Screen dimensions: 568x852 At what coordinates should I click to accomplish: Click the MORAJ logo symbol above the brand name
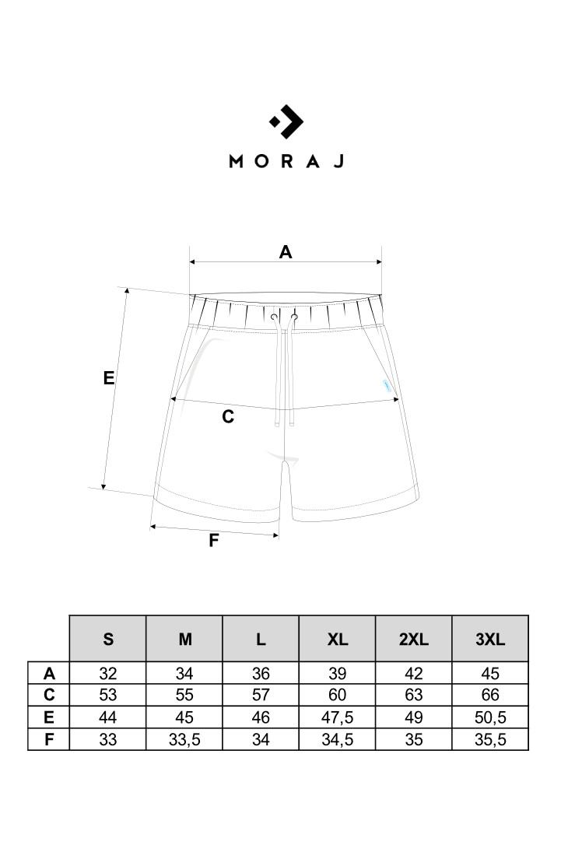pyautogui.click(x=286, y=121)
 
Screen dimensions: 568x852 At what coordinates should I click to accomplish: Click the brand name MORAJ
pyautogui.click(x=286, y=161)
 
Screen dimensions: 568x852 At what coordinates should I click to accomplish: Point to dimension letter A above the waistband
pyautogui.click(x=286, y=251)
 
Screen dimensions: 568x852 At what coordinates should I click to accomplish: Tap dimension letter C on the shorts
pyautogui.click(x=228, y=416)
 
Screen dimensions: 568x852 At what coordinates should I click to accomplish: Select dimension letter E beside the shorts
pyautogui.click(x=109, y=377)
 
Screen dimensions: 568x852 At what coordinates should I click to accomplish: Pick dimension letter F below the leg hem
pyautogui.click(x=214, y=540)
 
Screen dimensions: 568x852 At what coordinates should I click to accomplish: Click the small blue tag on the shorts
pyautogui.click(x=385, y=384)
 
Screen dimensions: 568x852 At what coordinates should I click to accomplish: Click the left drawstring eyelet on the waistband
pyautogui.click(x=274, y=317)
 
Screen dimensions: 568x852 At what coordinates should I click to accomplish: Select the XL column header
pyautogui.click(x=338, y=639)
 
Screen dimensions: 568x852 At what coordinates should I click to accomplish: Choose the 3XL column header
pyautogui.click(x=490, y=639)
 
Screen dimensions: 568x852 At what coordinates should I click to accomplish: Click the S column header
pyautogui.click(x=108, y=639)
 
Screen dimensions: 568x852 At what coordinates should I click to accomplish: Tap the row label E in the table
pyautogui.click(x=49, y=717)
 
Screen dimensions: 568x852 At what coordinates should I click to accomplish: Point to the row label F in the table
pyautogui.click(x=49, y=739)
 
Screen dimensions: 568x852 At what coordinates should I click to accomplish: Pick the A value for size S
pyautogui.click(x=108, y=674)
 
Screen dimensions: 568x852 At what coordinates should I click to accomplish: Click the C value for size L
pyautogui.click(x=261, y=695)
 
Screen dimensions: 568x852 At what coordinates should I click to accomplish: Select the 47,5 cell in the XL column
pyautogui.click(x=338, y=717)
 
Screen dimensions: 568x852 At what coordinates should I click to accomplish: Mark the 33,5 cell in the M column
pyautogui.click(x=184, y=739)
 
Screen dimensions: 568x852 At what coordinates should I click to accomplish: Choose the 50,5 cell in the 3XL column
pyautogui.click(x=490, y=717)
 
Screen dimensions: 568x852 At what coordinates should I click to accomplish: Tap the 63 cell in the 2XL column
pyautogui.click(x=414, y=695)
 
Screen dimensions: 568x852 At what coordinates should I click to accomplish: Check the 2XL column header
pyautogui.click(x=414, y=639)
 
